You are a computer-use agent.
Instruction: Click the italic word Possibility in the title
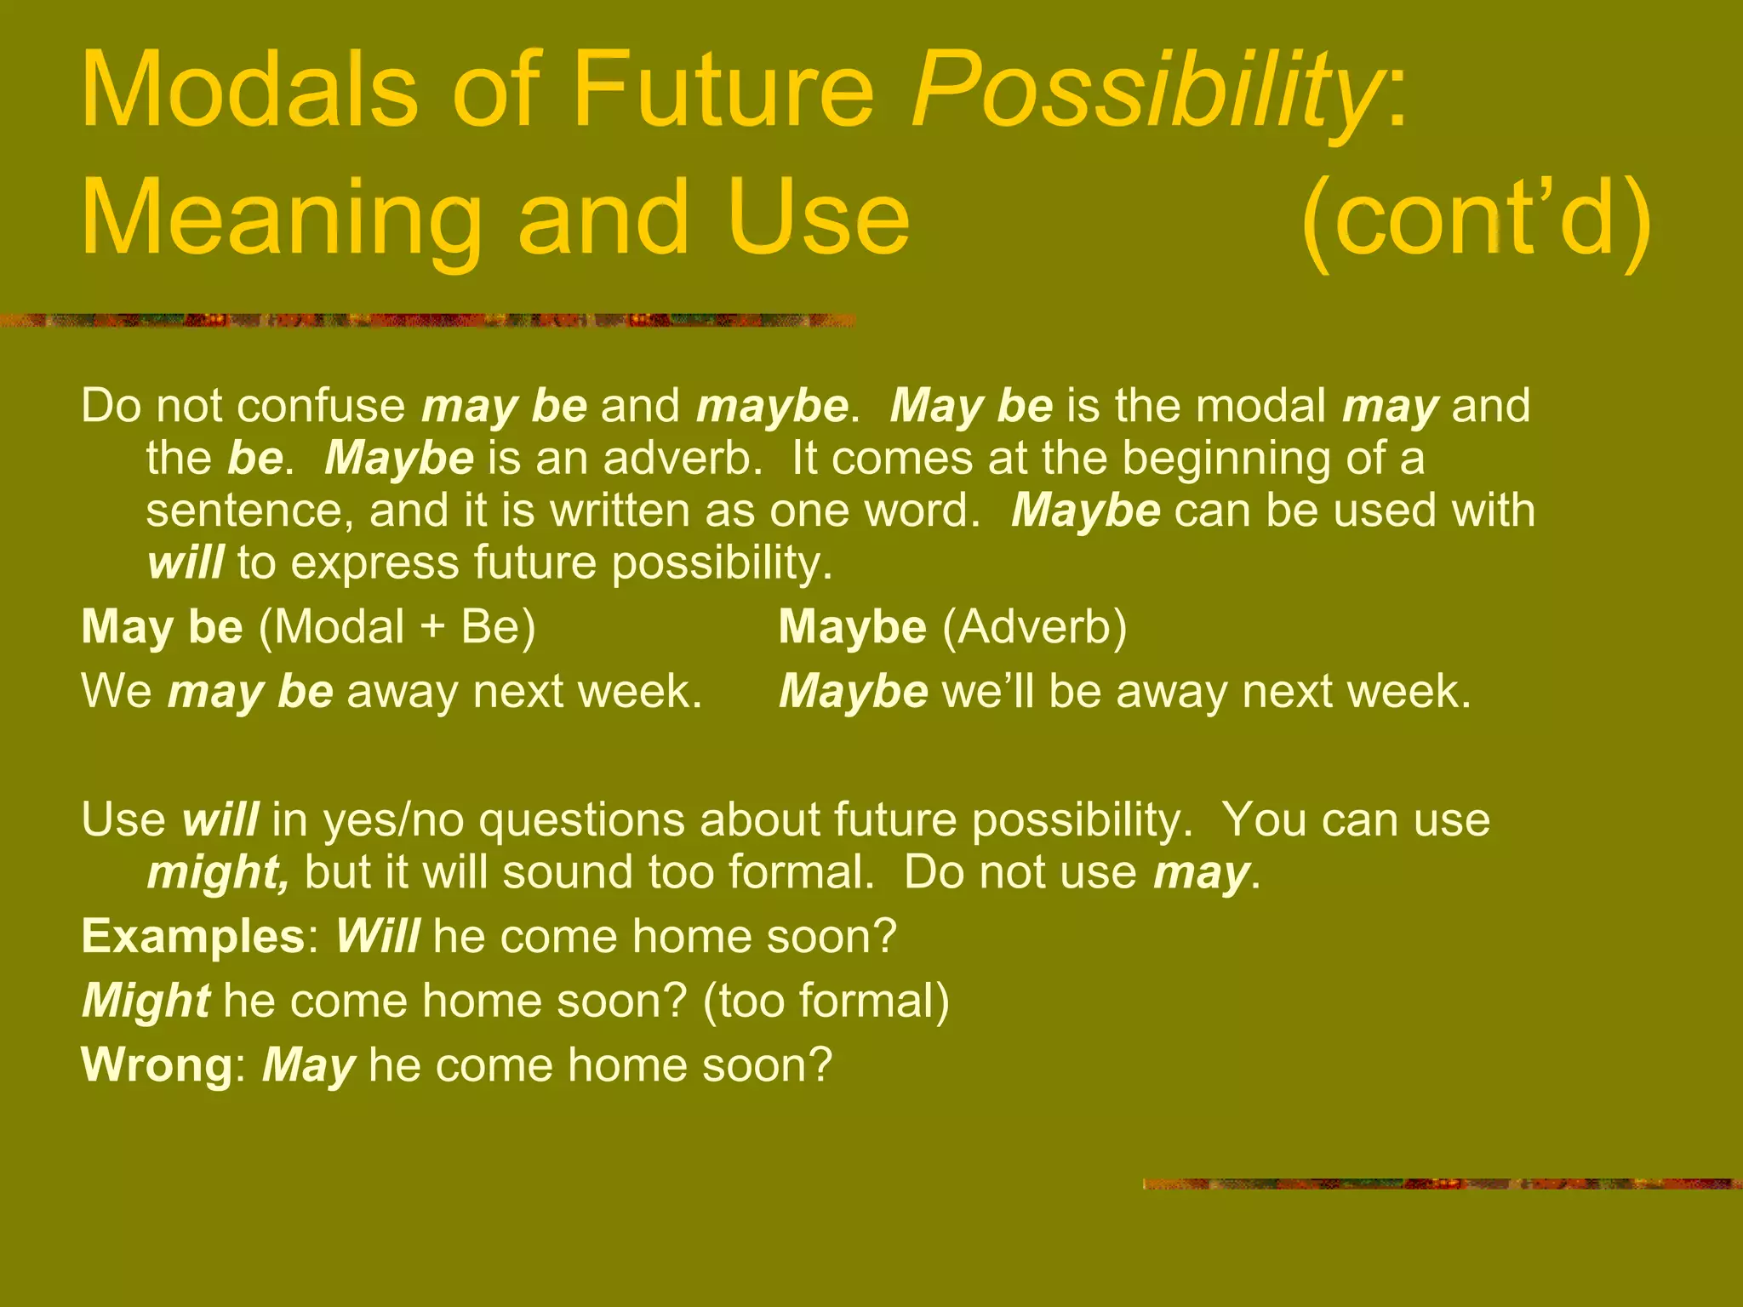click(x=1145, y=92)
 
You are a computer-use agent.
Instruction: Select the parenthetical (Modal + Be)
click(x=397, y=627)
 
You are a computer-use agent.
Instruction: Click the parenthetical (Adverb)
click(x=1034, y=627)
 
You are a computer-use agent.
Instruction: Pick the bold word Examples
click(x=192, y=937)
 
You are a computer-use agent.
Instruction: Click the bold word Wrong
click(x=156, y=1065)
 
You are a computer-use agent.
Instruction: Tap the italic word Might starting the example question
click(x=146, y=1002)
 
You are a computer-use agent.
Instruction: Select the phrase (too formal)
click(x=826, y=1002)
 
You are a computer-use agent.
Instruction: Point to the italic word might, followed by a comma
click(x=218, y=873)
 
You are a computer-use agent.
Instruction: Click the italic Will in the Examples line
click(x=377, y=937)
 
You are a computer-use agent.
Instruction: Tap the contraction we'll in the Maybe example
click(x=987, y=692)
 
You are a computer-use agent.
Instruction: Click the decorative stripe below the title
click(x=426, y=321)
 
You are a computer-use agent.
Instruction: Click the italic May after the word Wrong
click(x=308, y=1065)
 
